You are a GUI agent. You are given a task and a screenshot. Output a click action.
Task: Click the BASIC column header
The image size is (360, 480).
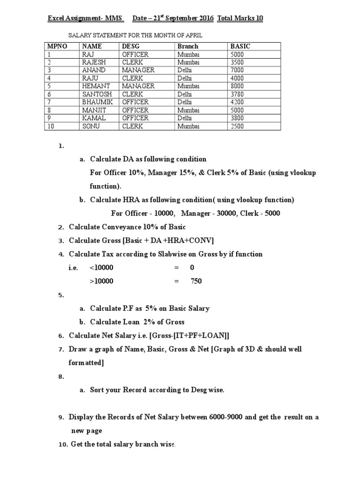click(240, 46)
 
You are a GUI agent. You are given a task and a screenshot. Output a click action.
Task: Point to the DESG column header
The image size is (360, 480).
click(131, 46)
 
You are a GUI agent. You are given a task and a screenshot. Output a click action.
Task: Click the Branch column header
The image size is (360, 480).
click(187, 46)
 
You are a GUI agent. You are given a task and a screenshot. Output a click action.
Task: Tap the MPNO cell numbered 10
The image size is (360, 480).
click(50, 126)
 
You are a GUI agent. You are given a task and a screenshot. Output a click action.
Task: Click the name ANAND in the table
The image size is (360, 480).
click(93, 70)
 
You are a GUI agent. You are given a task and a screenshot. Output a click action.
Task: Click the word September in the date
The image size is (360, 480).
click(178, 18)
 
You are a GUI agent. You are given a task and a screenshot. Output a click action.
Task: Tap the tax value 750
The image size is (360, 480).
click(196, 281)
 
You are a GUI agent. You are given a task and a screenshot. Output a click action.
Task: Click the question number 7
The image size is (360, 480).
click(61, 350)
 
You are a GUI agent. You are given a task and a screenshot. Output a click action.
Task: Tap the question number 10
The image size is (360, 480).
click(63, 444)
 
